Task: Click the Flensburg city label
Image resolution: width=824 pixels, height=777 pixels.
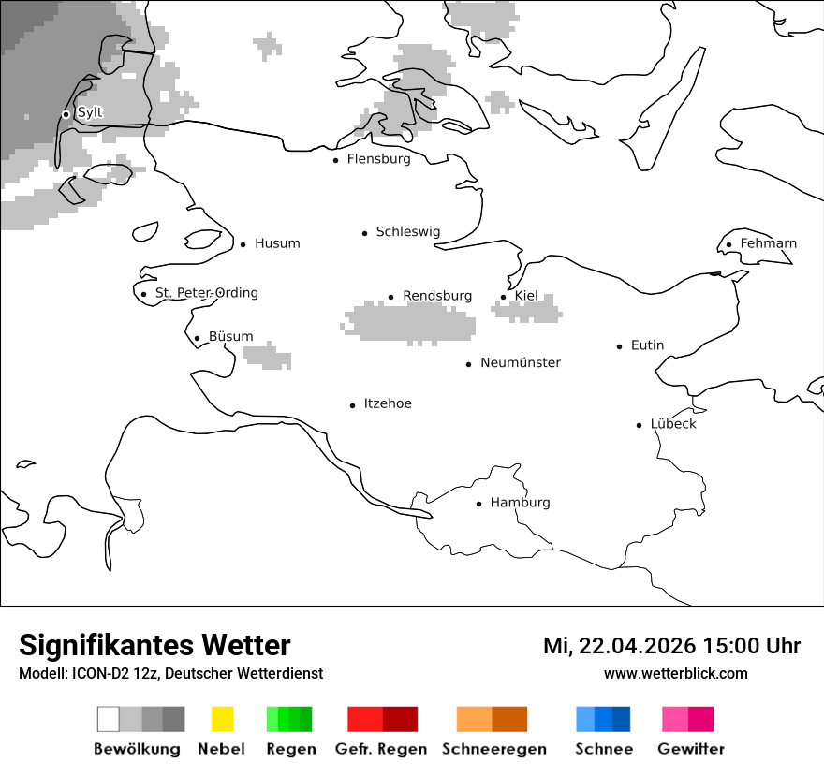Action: click(x=378, y=159)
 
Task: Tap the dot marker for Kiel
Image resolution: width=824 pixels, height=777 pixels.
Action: click(x=504, y=297)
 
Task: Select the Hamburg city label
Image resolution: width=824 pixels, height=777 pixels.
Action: click(x=520, y=503)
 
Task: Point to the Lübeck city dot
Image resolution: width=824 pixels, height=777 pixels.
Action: click(x=640, y=425)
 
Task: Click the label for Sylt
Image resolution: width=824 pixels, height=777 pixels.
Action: click(x=90, y=112)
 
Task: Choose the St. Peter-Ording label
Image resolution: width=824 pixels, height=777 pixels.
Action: click(x=206, y=293)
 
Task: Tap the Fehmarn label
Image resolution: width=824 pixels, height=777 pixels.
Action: click(x=768, y=243)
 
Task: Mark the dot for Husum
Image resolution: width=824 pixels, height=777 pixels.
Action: click(x=243, y=244)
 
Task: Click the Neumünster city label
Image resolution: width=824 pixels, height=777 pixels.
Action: click(x=521, y=362)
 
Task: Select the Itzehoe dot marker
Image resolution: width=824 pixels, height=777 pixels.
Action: click(x=353, y=405)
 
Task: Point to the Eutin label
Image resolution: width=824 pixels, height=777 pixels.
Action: click(x=647, y=345)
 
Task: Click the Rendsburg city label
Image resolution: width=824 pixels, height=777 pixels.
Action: click(x=437, y=296)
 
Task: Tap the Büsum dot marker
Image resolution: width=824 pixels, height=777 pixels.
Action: click(x=197, y=338)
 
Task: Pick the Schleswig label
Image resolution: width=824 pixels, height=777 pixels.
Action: click(x=407, y=232)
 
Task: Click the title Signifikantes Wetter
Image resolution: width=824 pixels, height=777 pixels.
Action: click(x=154, y=645)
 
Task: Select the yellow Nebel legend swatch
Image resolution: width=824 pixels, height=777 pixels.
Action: click(x=222, y=719)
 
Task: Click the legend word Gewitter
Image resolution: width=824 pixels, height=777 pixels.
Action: click(x=691, y=749)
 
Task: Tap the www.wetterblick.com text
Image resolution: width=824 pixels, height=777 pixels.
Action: click(x=675, y=674)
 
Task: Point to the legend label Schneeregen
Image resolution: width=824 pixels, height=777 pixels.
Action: click(x=494, y=749)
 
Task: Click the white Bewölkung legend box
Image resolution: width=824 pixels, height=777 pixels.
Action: click(x=109, y=719)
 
